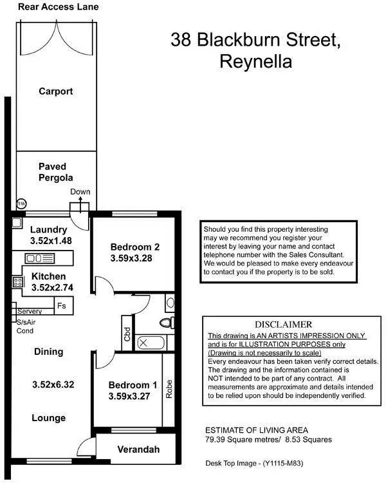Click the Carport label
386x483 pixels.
click(55, 91)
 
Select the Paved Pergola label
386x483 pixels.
click(55, 172)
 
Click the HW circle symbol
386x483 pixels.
click(21, 204)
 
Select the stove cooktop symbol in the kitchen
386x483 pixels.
click(17, 281)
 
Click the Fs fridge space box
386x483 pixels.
click(62, 305)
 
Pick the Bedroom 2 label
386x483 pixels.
click(134, 247)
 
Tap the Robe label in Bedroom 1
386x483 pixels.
click(169, 388)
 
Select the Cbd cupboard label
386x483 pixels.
click(127, 334)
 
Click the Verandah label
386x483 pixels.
click(138, 450)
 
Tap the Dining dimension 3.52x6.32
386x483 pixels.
click(53, 384)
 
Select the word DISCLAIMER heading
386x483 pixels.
click(283, 325)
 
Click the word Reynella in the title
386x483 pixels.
click(255, 62)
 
